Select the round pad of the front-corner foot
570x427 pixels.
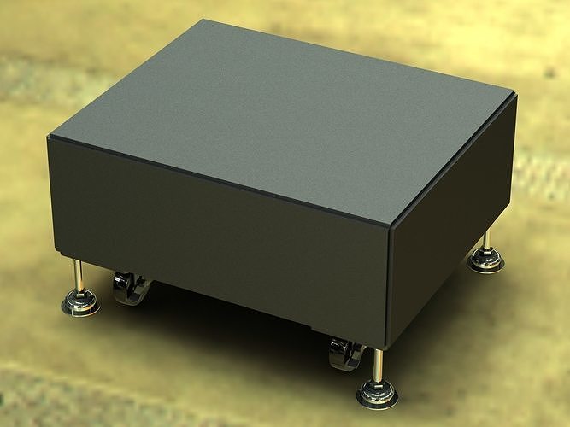377,395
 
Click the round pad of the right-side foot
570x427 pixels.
486,260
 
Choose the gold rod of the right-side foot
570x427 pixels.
488,239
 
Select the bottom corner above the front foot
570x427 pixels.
389,348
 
